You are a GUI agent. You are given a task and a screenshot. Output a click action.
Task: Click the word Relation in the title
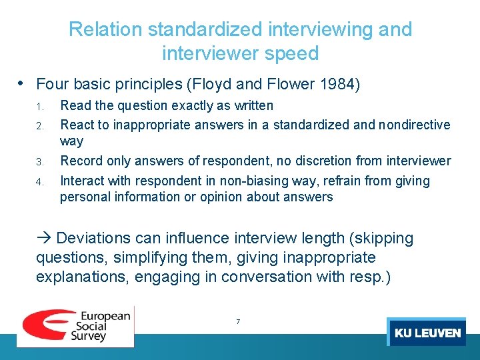point(105,30)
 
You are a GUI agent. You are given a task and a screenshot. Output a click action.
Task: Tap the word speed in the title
point(293,53)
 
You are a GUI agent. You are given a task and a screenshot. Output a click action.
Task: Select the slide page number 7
point(238,322)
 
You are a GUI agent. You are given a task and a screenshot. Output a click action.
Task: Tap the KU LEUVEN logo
point(427,332)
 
